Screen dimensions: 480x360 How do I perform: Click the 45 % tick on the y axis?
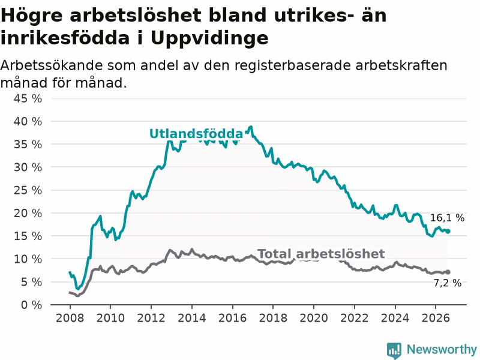point(28,98)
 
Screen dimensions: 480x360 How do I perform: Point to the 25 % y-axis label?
point(28,190)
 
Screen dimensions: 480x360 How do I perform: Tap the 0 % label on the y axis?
point(31,305)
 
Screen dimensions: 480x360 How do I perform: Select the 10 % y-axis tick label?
point(28,259)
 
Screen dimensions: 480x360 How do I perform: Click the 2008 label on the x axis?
point(70,318)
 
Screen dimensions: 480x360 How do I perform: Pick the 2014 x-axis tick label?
point(191,318)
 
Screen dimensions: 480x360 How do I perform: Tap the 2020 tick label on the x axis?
point(314,318)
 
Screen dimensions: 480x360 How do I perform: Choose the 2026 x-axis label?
point(436,318)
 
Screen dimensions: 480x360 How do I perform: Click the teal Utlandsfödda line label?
point(196,134)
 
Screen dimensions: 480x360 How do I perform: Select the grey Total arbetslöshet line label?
point(321,254)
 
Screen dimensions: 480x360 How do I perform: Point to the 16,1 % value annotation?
point(447,218)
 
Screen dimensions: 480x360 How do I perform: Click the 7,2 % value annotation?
point(447,283)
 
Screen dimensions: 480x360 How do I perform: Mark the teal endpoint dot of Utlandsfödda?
point(448,232)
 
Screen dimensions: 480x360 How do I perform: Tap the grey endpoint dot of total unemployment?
point(448,272)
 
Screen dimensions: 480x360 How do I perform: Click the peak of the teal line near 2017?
point(251,127)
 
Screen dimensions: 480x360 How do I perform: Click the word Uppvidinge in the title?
point(209,38)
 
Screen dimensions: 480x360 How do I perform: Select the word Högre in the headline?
point(32,16)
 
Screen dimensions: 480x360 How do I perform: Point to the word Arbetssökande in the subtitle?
point(52,65)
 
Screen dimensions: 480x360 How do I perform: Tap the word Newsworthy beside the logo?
point(442,349)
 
